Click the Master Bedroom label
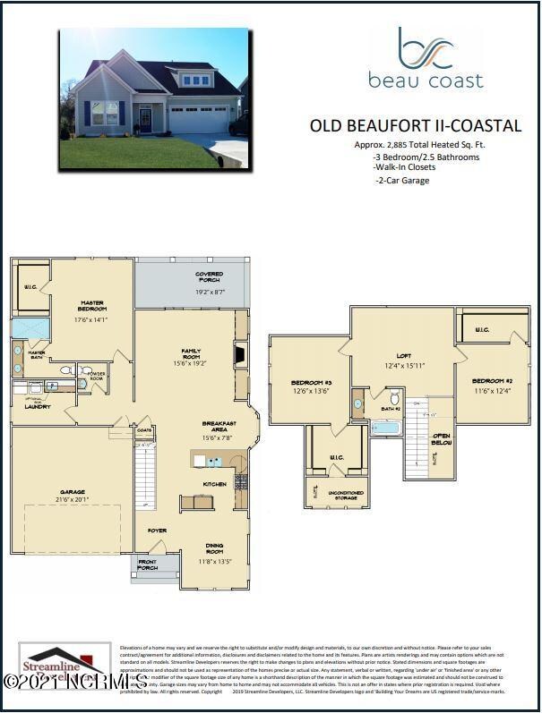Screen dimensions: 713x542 click(91, 306)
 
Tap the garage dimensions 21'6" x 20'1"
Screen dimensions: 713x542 click(73, 499)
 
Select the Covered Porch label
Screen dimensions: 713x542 click(209, 277)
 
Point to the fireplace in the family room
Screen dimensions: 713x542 click(238, 356)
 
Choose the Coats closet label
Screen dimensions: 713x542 click(144, 430)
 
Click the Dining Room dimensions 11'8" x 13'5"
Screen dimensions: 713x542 click(214, 562)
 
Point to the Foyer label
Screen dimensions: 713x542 click(157, 531)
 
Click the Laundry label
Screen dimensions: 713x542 click(37, 406)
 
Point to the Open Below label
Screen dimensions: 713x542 click(442, 439)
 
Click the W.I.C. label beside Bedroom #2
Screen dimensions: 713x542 click(482, 330)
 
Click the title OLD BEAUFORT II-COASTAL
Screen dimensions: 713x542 click(415, 126)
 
